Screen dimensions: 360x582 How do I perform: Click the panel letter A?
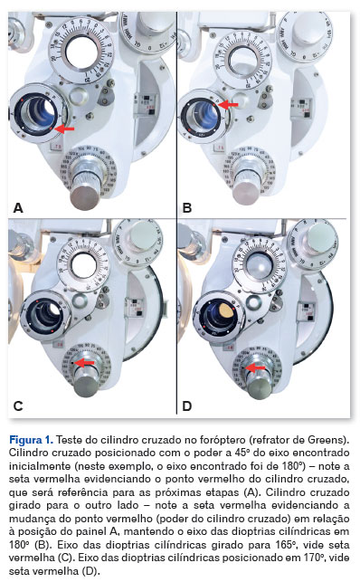(x=18, y=208)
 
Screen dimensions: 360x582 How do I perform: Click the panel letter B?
(x=187, y=208)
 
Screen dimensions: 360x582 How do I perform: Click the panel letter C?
(x=18, y=406)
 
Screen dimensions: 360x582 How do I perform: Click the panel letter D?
(x=187, y=406)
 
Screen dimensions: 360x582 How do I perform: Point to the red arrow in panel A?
(x=64, y=129)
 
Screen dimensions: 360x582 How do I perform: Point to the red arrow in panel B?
(x=228, y=105)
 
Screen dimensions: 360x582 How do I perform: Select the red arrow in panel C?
(x=84, y=363)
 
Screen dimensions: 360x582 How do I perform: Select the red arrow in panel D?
(x=256, y=367)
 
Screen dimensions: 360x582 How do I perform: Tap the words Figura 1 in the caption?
(x=31, y=440)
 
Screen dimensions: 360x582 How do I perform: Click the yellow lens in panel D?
(x=226, y=310)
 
